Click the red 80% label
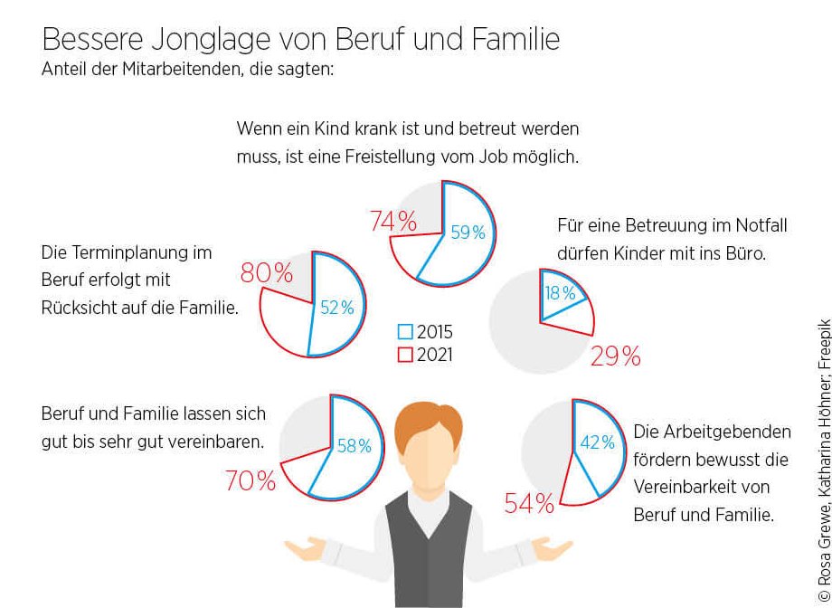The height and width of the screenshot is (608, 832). pos(266,272)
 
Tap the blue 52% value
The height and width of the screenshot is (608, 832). pos(336,308)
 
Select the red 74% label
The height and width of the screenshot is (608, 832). pos(393,221)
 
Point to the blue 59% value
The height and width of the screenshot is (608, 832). pos(468,233)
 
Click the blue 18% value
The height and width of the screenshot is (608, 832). pos(560,293)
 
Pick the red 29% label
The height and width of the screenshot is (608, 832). pos(615,356)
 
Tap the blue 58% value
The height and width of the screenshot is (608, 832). pos(354,445)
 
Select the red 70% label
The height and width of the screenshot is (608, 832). pos(251,481)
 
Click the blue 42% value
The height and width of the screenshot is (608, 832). pos(597,442)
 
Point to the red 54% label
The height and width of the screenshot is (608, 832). pos(529,504)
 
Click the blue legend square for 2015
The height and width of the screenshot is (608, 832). pos(405,332)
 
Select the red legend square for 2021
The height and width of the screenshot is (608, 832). pos(405,355)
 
